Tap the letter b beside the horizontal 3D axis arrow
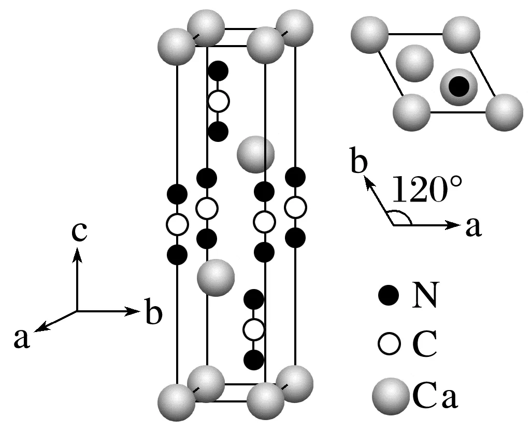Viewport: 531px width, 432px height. (153, 313)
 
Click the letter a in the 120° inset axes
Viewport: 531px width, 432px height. (473, 227)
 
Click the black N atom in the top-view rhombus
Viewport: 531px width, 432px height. (458, 86)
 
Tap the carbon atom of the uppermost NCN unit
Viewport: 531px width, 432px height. (218, 101)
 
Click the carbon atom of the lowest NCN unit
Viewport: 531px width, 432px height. (254, 329)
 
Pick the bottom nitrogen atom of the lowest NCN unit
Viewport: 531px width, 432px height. (254, 359)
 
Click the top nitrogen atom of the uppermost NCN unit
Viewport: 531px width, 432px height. (218, 70)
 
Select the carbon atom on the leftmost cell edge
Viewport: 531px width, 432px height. (177, 225)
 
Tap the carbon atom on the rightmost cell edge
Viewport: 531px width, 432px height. (296, 208)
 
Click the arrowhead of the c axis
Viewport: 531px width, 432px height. (78, 252)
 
